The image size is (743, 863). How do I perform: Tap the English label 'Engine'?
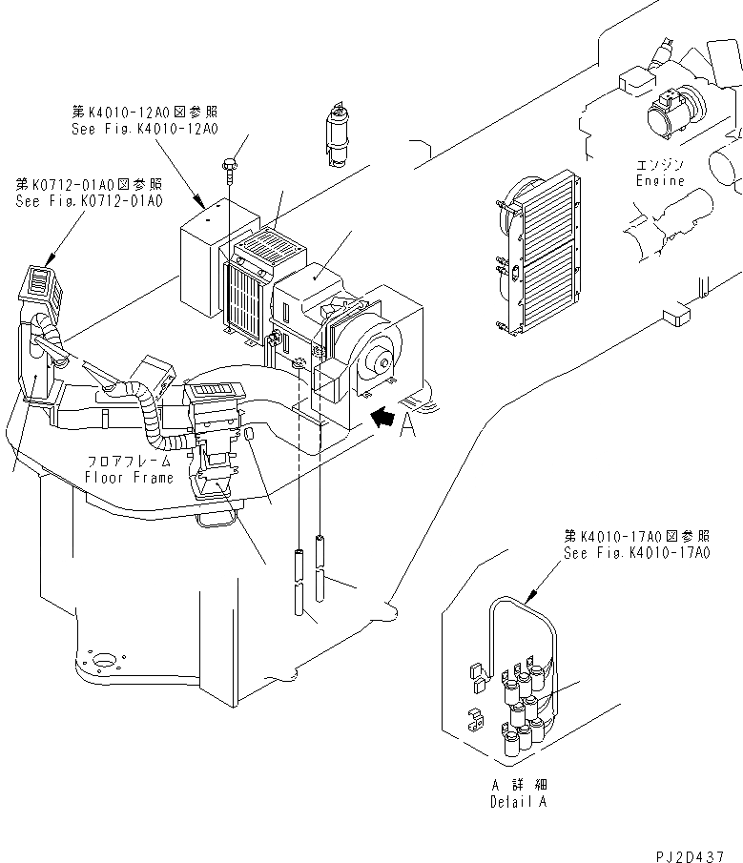click(x=661, y=180)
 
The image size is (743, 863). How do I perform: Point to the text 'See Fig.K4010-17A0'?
click(x=636, y=553)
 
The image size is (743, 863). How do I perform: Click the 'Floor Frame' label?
click(x=130, y=477)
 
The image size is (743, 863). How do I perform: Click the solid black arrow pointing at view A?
click(x=383, y=416)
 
